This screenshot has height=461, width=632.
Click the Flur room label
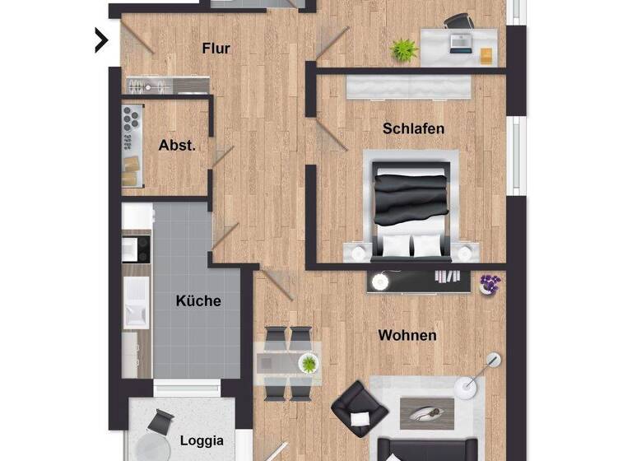tap(216, 49)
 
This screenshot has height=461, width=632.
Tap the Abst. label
tap(177, 146)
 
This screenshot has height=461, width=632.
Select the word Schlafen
tap(413, 128)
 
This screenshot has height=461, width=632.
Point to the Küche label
tap(198, 300)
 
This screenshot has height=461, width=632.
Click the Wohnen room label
tap(407, 335)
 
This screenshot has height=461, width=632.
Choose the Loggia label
tap(201, 440)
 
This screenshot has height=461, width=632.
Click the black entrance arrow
tap(101, 39)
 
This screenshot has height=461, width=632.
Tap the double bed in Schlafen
tap(411, 206)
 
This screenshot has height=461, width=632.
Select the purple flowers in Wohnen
tap(490, 283)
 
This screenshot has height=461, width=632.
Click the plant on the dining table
tap(309, 363)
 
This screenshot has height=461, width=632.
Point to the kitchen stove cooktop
tap(137, 245)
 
